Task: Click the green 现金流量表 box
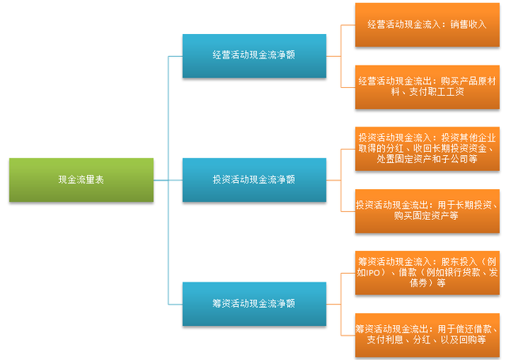pyautogui.click(x=81, y=180)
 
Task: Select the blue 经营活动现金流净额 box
pyautogui.click(x=255, y=56)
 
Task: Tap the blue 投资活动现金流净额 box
pyautogui.click(x=255, y=180)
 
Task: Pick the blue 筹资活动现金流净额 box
pyautogui.click(x=255, y=304)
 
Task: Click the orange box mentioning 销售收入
pyautogui.click(x=427, y=25)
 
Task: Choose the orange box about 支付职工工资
pyautogui.click(x=427, y=87)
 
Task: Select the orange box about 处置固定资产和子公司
pyautogui.click(x=427, y=149)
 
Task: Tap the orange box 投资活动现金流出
pyautogui.click(x=427, y=210)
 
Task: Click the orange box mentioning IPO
pyautogui.click(x=427, y=273)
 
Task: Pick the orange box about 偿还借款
pyautogui.click(x=427, y=335)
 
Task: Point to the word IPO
pyautogui.click(x=373, y=273)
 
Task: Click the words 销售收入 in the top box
pyautogui.click(x=468, y=25)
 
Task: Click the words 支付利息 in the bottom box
pyautogui.click(x=385, y=339)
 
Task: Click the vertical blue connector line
pyautogui.click(x=168, y=180)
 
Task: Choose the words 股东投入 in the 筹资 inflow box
pyautogui.click(x=459, y=262)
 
